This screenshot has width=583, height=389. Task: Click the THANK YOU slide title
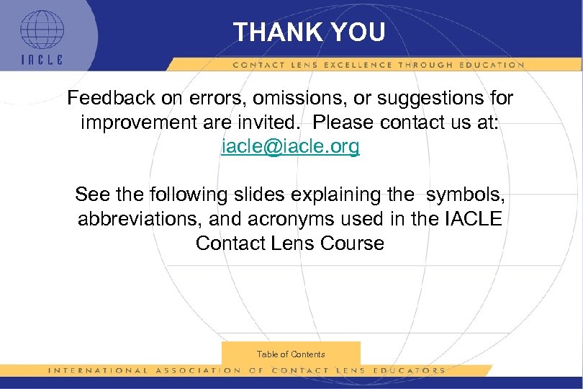pyautogui.click(x=309, y=32)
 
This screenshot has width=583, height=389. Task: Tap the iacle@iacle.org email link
pyautogui.click(x=290, y=147)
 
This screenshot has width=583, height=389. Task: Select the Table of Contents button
pyautogui.click(x=291, y=354)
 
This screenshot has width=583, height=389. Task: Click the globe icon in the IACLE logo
pyautogui.click(x=41, y=30)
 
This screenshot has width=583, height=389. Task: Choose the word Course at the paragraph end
pyautogui.click(x=352, y=243)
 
